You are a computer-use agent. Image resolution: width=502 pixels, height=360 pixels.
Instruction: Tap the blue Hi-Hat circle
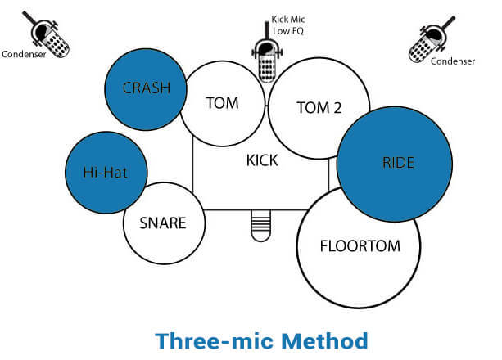(106, 173)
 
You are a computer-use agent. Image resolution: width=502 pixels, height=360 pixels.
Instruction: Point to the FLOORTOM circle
(358, 245)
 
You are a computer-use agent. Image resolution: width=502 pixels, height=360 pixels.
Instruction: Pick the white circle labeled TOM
(223, 104)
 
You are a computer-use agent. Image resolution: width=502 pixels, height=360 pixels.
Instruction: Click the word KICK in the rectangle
(262, 160)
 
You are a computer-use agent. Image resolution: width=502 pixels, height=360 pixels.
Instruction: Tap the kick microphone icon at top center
(265, 54)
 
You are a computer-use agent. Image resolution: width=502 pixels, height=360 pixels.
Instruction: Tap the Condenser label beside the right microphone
(454, 61)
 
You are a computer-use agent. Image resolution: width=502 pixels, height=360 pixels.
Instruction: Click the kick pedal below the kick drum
(260, 224)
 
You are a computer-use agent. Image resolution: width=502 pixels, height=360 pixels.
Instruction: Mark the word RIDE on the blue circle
(398, 163)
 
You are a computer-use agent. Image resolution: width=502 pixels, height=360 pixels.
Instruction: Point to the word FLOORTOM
(358, 245)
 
